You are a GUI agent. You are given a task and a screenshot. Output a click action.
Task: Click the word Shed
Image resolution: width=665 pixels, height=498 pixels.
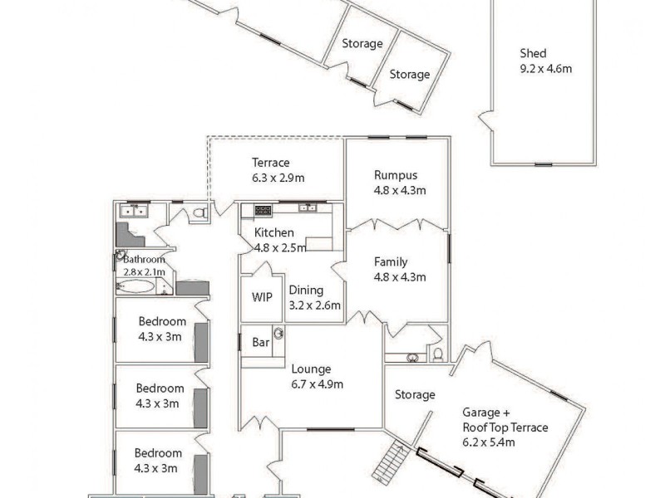[533, 54]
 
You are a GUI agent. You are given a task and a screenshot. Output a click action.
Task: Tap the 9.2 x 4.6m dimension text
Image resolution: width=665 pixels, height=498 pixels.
[544, 69]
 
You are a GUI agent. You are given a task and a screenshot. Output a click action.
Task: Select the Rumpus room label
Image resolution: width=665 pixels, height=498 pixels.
[395, 175]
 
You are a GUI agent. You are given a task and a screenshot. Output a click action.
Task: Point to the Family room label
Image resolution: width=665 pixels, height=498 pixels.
[390, 261]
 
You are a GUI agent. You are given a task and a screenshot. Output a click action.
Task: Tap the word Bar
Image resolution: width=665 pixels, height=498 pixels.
[259, 342]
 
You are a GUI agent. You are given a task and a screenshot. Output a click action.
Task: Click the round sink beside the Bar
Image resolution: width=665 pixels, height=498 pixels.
[279, 334]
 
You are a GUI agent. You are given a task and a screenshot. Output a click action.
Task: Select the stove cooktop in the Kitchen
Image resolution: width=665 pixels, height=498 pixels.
[263, 209]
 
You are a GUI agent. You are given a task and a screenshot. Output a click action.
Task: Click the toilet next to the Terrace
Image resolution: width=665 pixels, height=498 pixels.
[199, 213]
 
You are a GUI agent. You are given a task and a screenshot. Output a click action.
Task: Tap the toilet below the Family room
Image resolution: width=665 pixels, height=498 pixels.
[438, 354]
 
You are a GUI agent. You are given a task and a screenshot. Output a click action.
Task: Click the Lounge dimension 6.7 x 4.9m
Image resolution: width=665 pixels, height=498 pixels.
[317, 383]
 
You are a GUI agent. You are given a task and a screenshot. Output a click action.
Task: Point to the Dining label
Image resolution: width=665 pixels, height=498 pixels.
[306, 290]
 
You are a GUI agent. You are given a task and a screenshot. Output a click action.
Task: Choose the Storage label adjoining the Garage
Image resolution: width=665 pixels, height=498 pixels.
[415, 395]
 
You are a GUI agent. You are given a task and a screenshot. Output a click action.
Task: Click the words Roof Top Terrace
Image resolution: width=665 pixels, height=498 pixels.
[505, 427]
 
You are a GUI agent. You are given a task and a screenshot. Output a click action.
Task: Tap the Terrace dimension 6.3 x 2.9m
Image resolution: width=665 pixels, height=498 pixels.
[278, 178]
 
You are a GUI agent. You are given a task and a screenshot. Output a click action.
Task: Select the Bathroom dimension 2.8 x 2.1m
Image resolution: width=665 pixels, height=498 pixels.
[144, 271]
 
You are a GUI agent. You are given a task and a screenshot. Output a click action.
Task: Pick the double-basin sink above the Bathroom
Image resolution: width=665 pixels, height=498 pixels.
[133, 211]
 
